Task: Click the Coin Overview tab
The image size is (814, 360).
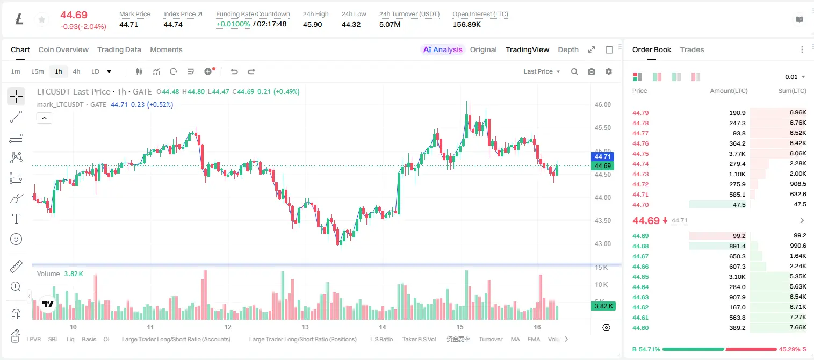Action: coord(63,49)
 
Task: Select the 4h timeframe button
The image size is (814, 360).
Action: coord(76,71)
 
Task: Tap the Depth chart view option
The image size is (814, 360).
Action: coord(568,49)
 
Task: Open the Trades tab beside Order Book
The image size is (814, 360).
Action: coord(692,49)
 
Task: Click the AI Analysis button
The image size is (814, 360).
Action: coord(443,49)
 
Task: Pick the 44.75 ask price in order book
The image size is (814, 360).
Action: coord(640,154)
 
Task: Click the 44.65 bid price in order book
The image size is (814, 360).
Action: coord(640,277)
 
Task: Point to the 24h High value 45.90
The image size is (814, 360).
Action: coord(313,24)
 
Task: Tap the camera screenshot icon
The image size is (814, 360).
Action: coord(592,71)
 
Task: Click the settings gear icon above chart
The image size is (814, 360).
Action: coord(609,71)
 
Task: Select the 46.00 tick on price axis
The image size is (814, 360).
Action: coord(603,105)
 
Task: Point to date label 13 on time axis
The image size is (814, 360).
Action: coord(305,327)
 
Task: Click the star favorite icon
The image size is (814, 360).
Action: coord(42,19)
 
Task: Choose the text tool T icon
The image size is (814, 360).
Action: coord(16,219)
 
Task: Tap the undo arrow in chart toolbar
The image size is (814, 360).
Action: coord(234,71)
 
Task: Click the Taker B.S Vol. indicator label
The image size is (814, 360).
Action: coord(419,339)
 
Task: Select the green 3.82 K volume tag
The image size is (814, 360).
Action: coord(602,306)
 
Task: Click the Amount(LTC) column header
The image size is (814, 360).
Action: coord(729,91)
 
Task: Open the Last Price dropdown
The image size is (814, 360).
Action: coord(542,71)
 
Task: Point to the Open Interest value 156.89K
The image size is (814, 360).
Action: coord(466,24)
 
